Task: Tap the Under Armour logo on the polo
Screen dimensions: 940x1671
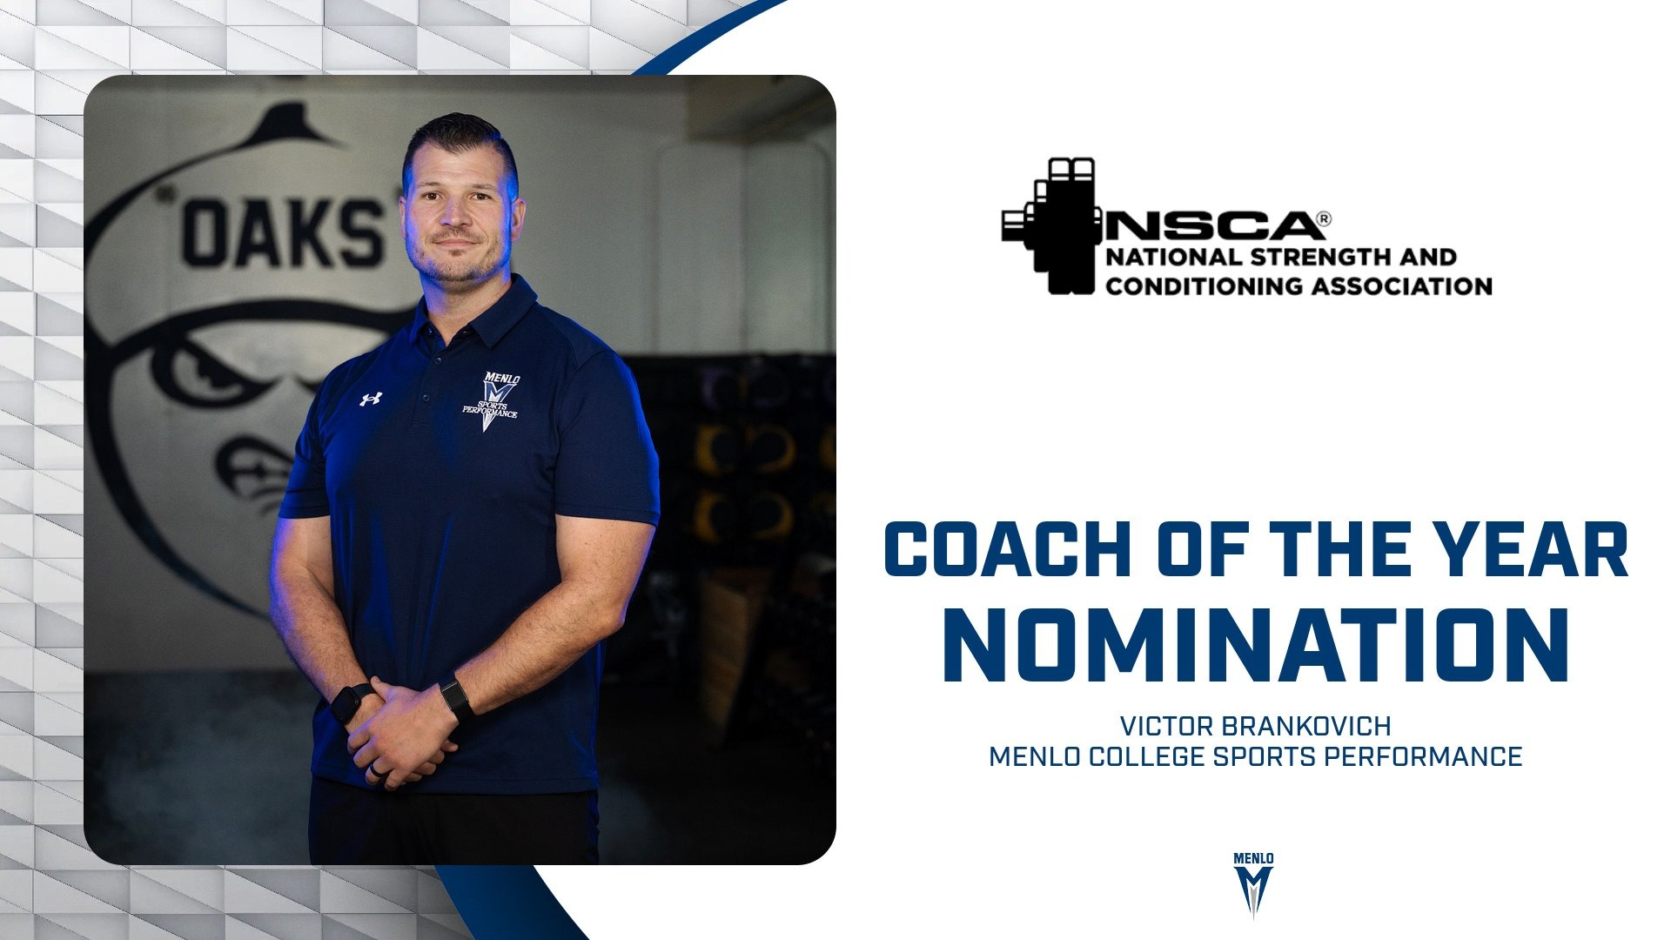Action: [x=372, y=399]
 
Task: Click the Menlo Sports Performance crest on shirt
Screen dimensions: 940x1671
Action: [x=493, y=400]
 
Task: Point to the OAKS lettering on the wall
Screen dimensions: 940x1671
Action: [x=283, y=233]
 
